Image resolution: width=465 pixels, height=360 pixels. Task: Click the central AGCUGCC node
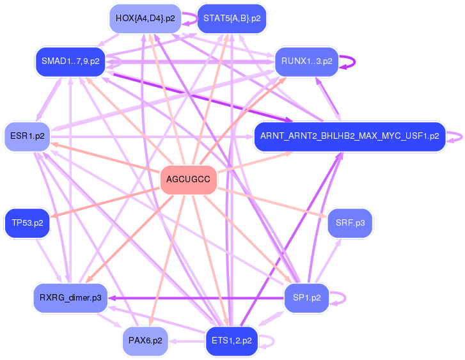pos(188,179)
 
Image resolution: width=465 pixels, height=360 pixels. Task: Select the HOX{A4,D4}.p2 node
pos(145,19)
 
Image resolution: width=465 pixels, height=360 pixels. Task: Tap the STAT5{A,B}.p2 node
pos(232,19)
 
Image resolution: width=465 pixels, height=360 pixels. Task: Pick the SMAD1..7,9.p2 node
pos(70,61)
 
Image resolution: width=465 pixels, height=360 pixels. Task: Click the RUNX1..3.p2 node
pos(306,61)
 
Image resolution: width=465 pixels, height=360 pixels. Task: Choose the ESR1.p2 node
pos(28,136)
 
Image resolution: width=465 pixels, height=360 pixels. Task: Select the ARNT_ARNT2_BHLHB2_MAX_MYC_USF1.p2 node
pos(349,136)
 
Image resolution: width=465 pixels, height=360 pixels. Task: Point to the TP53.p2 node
pos(28,223)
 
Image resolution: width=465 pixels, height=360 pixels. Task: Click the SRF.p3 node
pos(350,223)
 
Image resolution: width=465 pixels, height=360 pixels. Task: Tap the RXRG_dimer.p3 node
pos(70,297)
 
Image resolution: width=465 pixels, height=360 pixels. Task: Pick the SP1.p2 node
pos(306,297)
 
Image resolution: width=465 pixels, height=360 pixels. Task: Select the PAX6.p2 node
pos(145,340)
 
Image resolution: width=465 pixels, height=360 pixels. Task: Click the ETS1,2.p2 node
pos(231,340)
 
